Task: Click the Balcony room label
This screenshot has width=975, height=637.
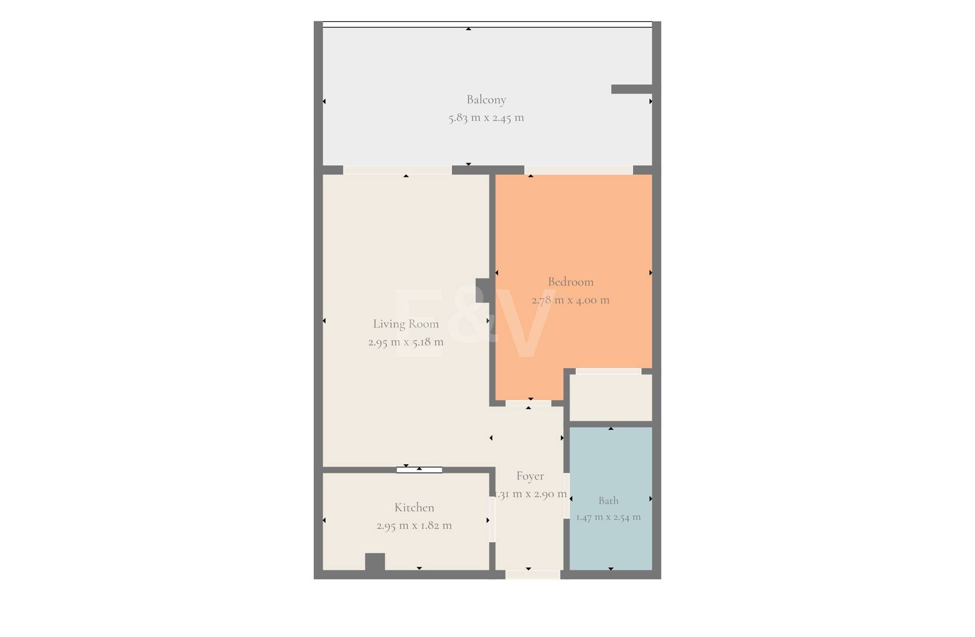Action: point(486,100)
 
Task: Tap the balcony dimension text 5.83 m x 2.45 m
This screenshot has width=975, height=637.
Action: point(486,118)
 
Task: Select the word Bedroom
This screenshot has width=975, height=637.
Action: point(570,282)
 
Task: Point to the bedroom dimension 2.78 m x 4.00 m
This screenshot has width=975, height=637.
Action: point(570,300)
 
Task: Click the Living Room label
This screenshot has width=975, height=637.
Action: point(406,324)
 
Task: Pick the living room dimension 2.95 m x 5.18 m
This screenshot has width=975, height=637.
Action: point(406,343)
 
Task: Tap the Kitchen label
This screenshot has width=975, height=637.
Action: point(414,507)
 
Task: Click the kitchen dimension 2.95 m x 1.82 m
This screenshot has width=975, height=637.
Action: point(414,526)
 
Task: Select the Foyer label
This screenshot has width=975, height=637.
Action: point(530,476)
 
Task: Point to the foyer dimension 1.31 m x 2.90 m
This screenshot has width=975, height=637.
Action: point(531,494)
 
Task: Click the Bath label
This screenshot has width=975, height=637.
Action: point(608,501)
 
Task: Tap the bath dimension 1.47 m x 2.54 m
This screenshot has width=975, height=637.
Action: point(608,517)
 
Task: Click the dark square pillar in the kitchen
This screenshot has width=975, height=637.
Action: point(375,562)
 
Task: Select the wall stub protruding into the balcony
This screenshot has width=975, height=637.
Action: point(632,89)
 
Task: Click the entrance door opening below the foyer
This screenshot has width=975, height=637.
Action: point(533,575)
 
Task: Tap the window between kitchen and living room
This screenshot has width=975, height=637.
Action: point(419,470)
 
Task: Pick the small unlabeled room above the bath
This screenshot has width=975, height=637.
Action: point(610,398)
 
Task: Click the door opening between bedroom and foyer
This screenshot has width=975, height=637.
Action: point(528,403)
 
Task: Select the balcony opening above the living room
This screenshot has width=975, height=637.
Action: point(398,170)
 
